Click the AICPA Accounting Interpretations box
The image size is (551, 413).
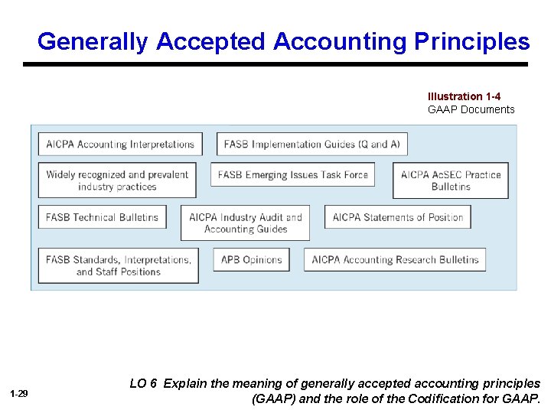point(121,144)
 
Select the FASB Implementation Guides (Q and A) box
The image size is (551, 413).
point(312,144)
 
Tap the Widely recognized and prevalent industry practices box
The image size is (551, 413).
point(117,180)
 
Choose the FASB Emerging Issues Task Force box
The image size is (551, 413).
point(293,174)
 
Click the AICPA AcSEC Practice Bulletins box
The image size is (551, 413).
point(451,180)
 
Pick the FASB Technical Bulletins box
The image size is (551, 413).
point(102,217)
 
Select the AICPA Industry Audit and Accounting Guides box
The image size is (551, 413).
point(246,223)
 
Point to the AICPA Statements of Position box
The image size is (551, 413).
point(398,217)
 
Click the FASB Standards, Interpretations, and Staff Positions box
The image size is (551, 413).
point(119,265)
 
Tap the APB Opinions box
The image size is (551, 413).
point(252,259)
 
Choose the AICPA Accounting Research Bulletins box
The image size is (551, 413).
point(395,259)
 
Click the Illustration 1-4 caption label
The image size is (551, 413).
point(465,96)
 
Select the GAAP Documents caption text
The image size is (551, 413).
point(471,109)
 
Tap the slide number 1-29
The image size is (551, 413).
point(19,393)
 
